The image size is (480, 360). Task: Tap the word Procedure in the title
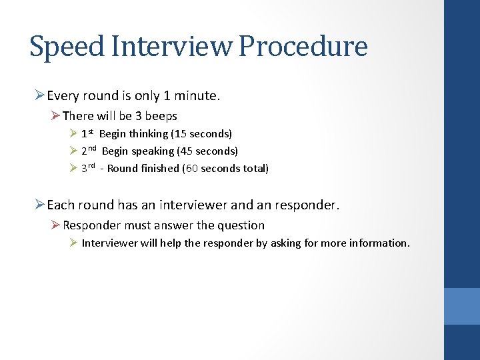(x=303, y=47)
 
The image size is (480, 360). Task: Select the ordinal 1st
(x=87, y=133)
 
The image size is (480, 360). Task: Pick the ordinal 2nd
(x=89, y=151)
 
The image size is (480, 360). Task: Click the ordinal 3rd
(x=89, y=168)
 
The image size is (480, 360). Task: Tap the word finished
(x=160, y=169)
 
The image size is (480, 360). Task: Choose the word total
(x=255, y=169)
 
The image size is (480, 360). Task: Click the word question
(x=241, y=225)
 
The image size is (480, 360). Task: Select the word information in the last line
(x=379, y=243)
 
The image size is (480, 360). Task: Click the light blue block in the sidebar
(x=462, y=306)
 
